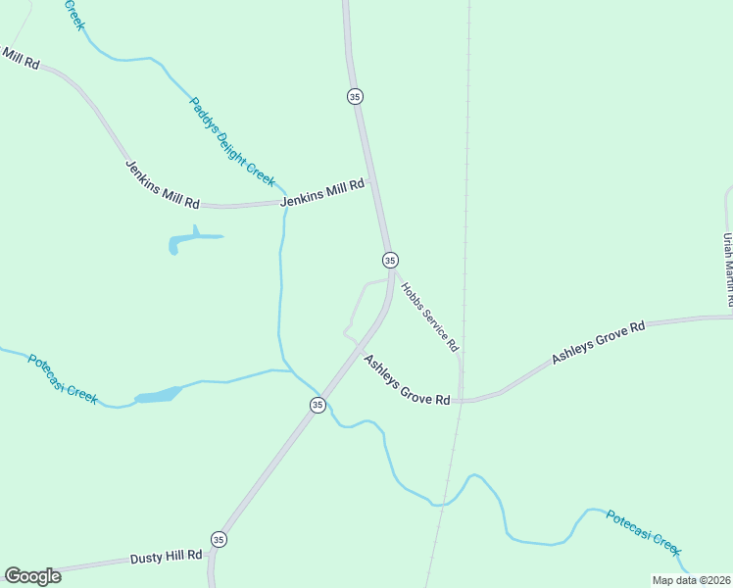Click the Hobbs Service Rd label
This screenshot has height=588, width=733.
tap(429, 318)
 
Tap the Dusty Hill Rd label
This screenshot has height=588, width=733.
tap(166, 557)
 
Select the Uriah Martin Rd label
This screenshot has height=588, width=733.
tap(727, 270)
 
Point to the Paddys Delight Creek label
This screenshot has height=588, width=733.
tap(232, 140)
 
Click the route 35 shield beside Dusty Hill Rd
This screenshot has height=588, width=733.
tap(218, 540)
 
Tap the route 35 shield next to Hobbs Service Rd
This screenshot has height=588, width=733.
tap(390, 260)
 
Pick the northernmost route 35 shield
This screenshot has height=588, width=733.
tap(355, 96)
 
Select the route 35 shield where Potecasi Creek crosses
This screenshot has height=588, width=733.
tap(318, 405)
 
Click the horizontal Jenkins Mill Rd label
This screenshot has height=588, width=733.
tap(322, 192)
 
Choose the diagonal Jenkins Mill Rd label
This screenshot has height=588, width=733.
tap(163, 183)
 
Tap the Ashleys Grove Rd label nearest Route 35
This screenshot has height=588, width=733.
tap(407, 380)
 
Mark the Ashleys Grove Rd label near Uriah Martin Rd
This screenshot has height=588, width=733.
tap(598, 343)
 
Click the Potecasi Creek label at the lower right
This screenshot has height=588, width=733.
tap(643, 532)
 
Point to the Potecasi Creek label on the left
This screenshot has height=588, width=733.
tap(63, 378)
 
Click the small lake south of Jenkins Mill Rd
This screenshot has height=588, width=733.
tap(187, 239)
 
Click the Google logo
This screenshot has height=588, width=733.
tap(32, 576)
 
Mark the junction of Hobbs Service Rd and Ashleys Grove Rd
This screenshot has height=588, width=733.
tap(461, 400)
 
